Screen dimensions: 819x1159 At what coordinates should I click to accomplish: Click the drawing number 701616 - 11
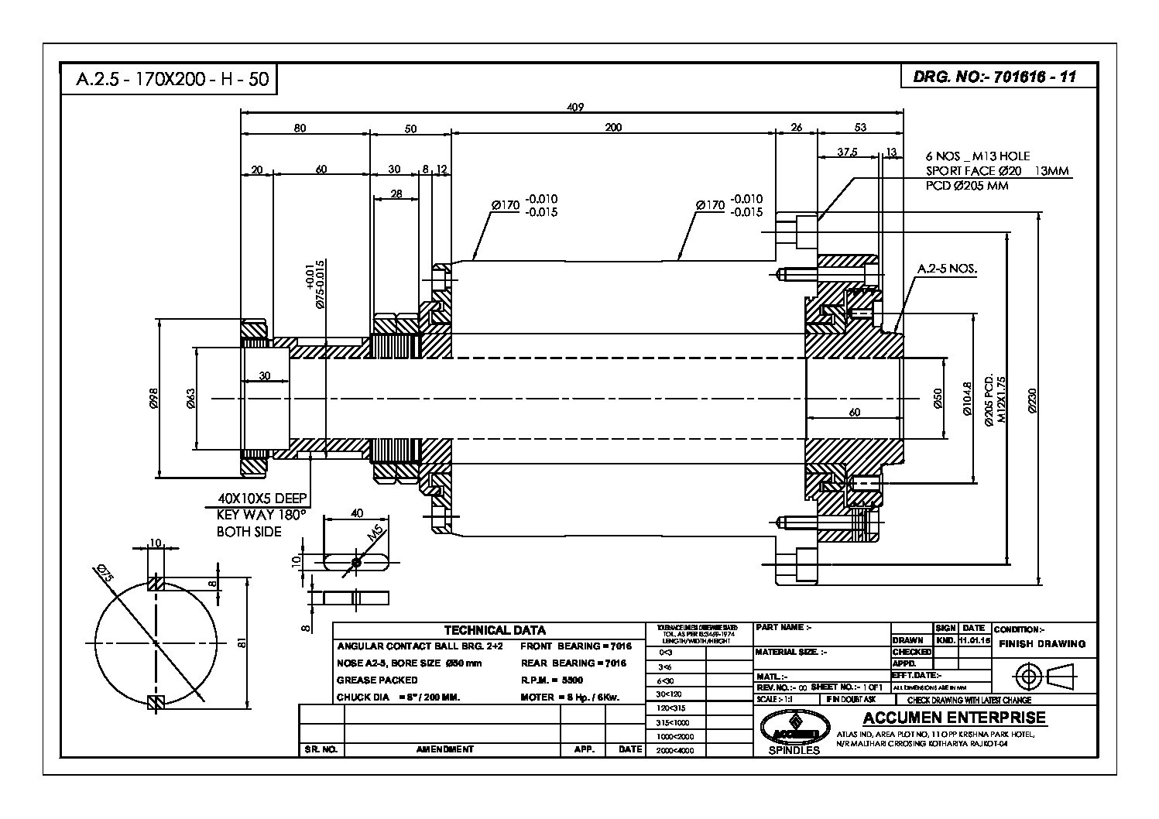(1034, 77)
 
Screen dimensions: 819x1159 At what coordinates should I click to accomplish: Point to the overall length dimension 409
(574, 107)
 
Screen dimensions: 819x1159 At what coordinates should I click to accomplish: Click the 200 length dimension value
(612, 128)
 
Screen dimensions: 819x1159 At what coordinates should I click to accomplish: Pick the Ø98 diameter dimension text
(153, 398)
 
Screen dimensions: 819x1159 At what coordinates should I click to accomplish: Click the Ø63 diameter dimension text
(191, 398)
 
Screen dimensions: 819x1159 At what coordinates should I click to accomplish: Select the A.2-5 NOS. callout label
(947, 269)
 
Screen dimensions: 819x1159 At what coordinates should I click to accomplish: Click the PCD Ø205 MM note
(967, 186)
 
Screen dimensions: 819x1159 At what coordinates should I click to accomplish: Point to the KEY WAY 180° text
(261, 515)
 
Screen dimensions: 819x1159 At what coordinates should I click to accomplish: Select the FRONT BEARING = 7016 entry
(576, 646)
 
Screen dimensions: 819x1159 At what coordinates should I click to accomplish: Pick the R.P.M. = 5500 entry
(552, 680)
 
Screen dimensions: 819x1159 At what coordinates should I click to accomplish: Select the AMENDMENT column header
(444, 749)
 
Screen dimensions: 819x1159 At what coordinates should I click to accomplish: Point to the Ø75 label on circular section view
(106, 574)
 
